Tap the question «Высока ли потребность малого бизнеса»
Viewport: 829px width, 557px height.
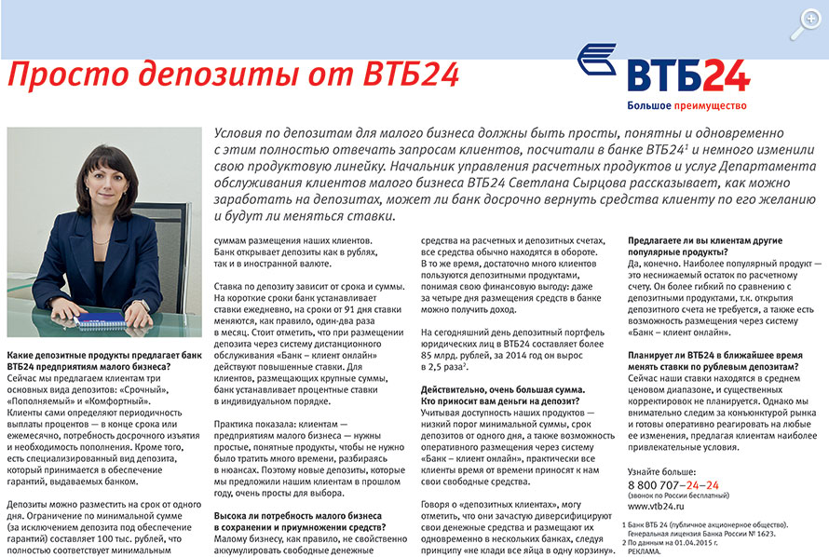[x=297, y=514]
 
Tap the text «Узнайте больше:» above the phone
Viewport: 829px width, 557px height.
[x=664, y=471]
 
